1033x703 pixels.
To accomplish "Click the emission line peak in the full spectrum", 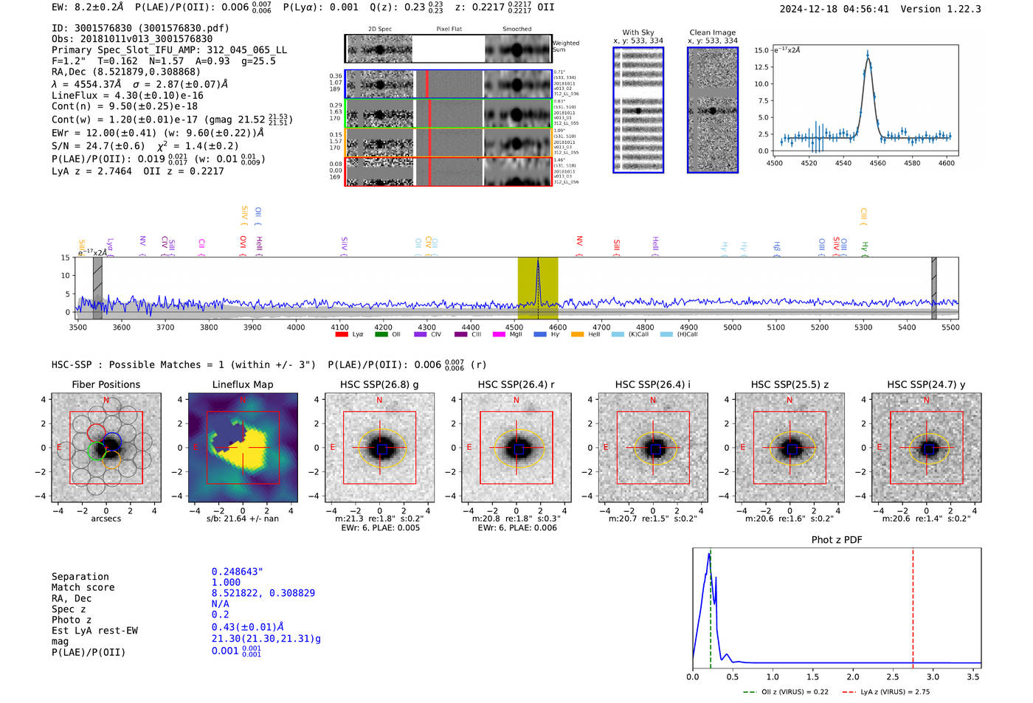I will point(538,261).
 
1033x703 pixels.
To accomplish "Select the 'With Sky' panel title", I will point(638,32).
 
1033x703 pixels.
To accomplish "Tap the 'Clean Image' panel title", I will point(712,32).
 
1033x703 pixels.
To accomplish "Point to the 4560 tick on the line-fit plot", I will point(877,163).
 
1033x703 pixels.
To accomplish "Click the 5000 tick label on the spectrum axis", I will point(732,328).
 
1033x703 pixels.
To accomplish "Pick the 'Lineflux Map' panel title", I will point(242,384).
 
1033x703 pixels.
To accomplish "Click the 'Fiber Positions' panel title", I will point(106,384).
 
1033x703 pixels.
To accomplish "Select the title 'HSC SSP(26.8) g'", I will point(379,384).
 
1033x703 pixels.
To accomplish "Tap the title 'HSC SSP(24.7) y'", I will point(926,384).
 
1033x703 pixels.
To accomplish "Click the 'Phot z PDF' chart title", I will point(837,540).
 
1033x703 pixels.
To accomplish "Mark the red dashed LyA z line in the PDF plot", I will point(913,605).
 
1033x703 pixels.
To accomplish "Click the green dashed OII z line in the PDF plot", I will point(711,605).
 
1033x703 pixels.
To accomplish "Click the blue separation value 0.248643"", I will point(238,572).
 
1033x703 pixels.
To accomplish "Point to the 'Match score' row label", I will point(83,587).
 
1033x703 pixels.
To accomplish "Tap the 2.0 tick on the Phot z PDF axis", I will point(852,676).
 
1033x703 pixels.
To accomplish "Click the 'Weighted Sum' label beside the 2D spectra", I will point(566,46).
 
